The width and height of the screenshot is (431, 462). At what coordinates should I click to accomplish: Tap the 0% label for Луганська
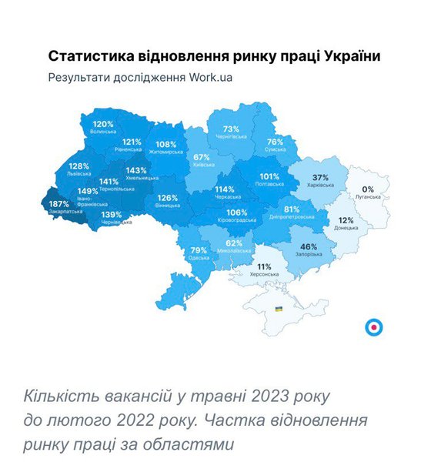tap(368, 189)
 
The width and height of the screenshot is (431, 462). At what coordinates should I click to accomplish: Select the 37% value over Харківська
tap(320, 178)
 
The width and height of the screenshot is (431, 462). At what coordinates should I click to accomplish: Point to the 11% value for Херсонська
tap(264, 266)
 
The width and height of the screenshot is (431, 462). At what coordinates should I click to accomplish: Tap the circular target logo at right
tap(373, 327)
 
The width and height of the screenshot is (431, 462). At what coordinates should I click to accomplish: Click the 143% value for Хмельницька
tap(136, 170)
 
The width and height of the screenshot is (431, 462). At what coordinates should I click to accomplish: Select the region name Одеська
tap(199, 258)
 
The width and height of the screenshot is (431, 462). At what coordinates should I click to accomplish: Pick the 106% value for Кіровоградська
tap(237, 213)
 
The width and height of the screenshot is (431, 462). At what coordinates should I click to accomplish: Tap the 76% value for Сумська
tap(276, 142)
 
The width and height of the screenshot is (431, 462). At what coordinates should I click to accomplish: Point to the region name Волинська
tap(103, 132)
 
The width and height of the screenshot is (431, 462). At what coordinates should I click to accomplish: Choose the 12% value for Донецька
tap(346, 220)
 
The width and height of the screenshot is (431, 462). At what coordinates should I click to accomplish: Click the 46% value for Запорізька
tap(309, 246)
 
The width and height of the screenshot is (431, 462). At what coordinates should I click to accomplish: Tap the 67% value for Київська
tap(202, 157)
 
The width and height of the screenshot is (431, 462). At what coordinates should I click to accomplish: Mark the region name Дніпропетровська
tap(292, 217)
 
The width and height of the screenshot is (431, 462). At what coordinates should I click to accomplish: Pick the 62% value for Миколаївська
tap(234, 243)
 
